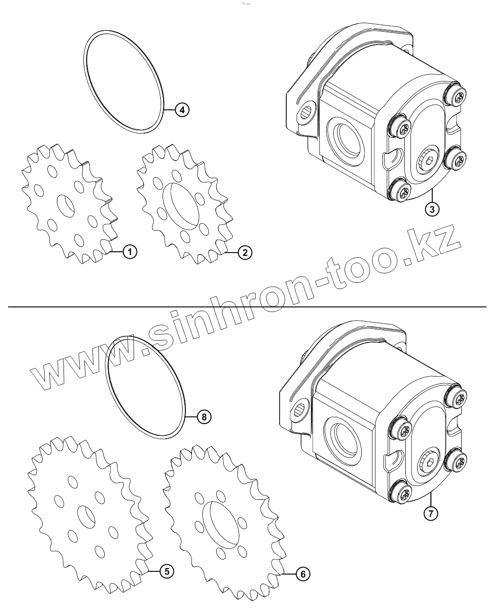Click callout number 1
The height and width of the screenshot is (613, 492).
[x=129, y=252]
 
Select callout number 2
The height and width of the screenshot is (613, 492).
[x=245, y=253]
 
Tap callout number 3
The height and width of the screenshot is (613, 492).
[x=432, y=208]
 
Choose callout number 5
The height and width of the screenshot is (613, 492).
[x=166, y=572]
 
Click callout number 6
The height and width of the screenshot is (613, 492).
[x=303, y=574]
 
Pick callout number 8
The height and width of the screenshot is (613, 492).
[x=204, y=417]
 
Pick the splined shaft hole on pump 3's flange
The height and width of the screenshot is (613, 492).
[x=307, y=111]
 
